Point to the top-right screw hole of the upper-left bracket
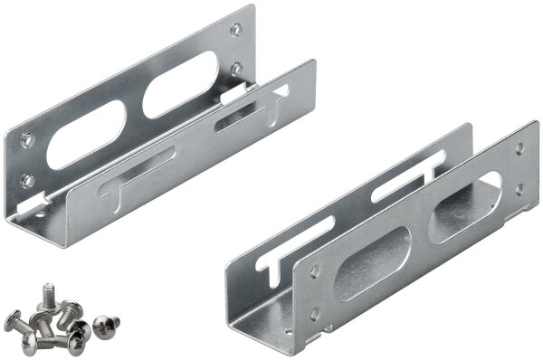point(236,30)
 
